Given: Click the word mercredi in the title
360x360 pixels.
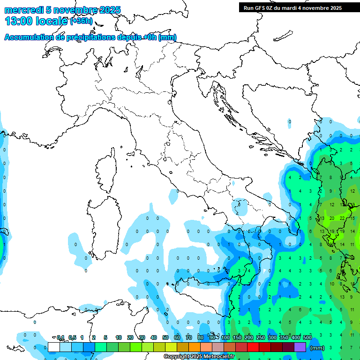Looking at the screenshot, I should coord(24,10).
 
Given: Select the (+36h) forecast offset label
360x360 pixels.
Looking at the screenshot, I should coord(82,21).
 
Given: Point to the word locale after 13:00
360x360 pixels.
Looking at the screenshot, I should coord(53,21).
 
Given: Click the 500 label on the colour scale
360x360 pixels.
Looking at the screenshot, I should coord(307,337).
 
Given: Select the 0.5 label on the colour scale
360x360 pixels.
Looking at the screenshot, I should coord(72,337).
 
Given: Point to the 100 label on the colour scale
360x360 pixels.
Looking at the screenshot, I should coord(225,337).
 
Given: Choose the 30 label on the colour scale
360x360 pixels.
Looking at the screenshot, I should coord(142,337).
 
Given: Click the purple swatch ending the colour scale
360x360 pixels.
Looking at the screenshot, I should coord(300,347).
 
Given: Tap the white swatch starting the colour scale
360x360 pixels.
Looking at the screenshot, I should coord(54,347).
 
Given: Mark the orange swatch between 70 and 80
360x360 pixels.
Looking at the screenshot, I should coord(195,347).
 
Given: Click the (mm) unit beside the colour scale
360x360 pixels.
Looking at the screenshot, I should coord(317,348).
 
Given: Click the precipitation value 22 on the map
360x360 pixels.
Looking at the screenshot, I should coord(342,218).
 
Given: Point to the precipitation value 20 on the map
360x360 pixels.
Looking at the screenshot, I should coord(331,218).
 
